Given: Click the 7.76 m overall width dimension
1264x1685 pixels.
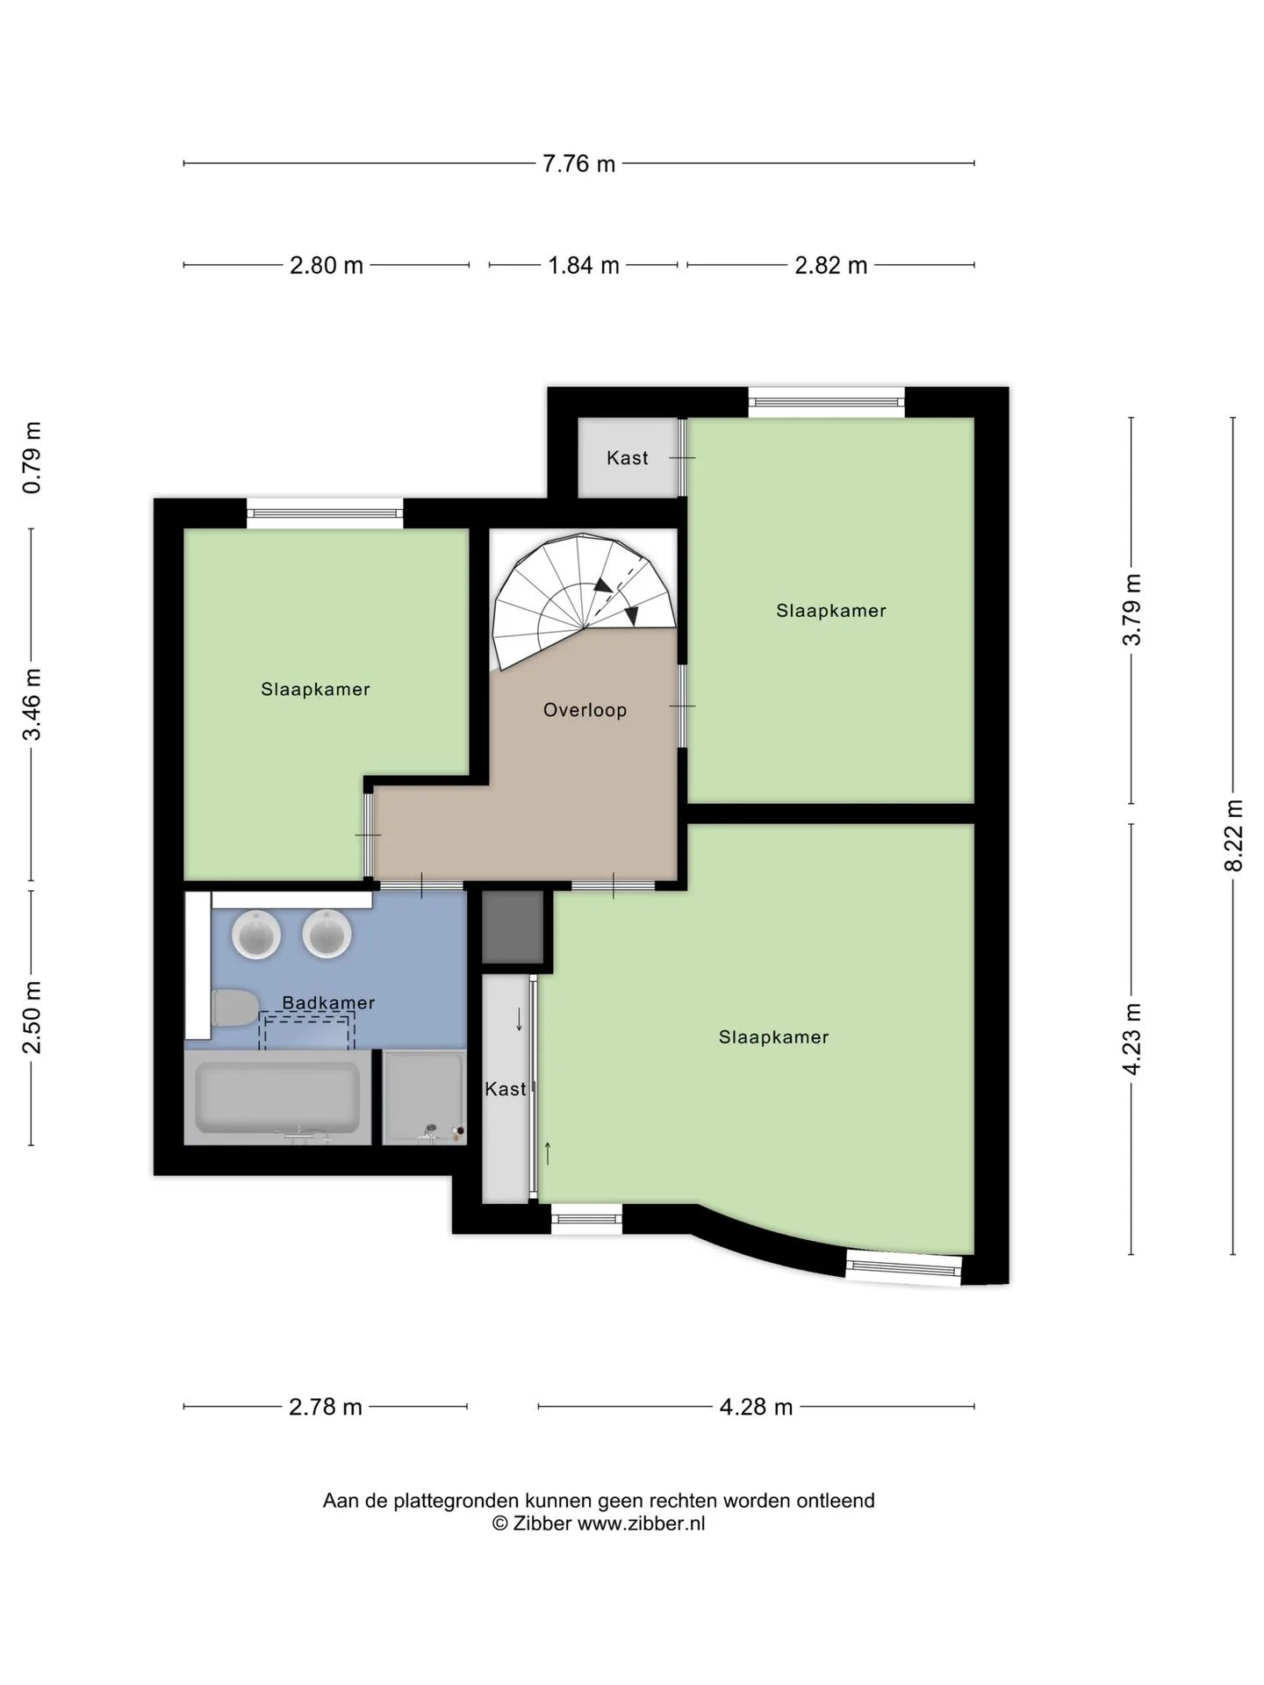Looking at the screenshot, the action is pyautogui.click(x=578, y=163).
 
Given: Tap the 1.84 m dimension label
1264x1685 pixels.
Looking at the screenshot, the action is pyautogui.click(x=584, y=265).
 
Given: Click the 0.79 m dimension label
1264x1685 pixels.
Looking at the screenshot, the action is pyautogui.click(x=32, y=457).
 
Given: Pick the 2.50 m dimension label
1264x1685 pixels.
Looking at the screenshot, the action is pyautogui.click(x=32, y=1017).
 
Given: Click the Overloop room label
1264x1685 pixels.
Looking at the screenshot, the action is pyautogui.click(x=585, y=710).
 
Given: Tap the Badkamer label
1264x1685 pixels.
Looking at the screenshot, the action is pyautogui.click(x=328, y=1002).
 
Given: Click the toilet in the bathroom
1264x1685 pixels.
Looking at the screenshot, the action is pyautogui.click(x=235, y=1007).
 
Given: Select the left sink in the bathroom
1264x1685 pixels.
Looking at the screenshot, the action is pyautogui.click(x=256, y=934).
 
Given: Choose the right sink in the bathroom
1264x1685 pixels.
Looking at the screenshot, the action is pyautogui.click(x=327, y=934).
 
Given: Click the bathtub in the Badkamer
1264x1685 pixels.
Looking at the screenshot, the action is pyautogui.click(x=277, y=1098).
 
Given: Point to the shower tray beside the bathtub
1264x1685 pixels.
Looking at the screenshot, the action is pyautogui.click(x=425, y=1098).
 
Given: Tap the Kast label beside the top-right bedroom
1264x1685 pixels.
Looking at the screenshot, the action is pyautogui.click(x=628, y=457).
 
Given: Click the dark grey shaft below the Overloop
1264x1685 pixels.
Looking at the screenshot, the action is pyautogui.click(x=513, y=927).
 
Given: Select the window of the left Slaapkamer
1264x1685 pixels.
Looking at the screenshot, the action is pyautogui.click(x=325, y=513).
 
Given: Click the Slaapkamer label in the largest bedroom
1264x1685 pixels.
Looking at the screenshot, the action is pyautogui.click(x=773, y=1037).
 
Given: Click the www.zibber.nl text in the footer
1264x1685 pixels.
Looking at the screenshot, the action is pyautogui.click(x=641, y=1524).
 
